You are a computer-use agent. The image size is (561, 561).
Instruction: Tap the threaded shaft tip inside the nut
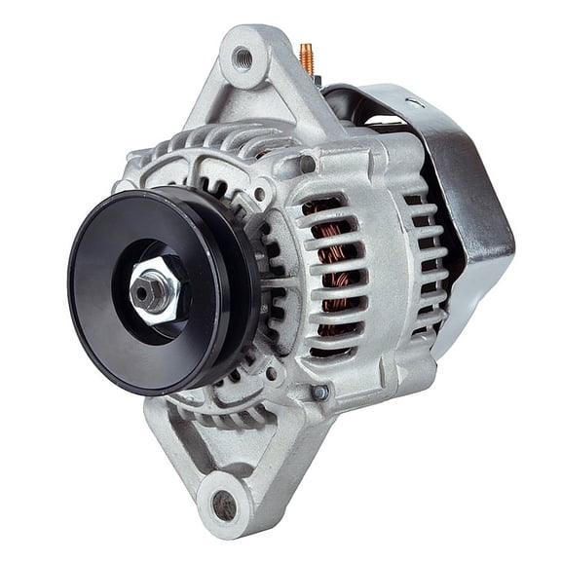[150, 288]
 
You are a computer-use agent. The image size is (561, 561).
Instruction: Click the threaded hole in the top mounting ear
[243, 57]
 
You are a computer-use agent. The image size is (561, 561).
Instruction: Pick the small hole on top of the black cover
[419, 102]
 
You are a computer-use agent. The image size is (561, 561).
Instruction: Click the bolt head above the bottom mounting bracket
[319, 393]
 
